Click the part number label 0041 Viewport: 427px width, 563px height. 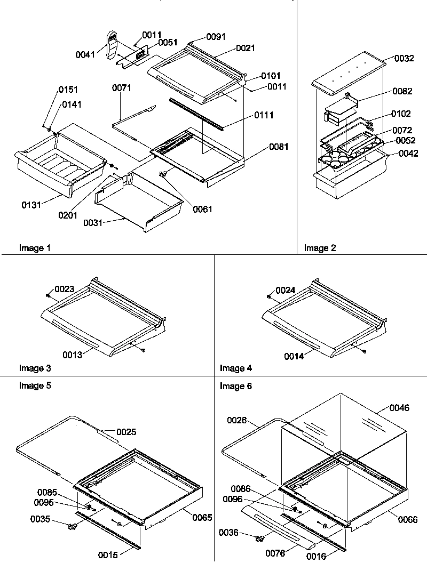pos(85,54)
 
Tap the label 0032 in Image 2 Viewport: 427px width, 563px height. pos(404,59)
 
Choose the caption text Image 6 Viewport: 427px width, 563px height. pos(236,386)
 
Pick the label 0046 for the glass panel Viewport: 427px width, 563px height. pos(400,408)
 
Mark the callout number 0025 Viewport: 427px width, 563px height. pos(126,432)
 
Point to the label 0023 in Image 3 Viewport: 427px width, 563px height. pos(64,289)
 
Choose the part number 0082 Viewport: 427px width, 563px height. pos(402,91)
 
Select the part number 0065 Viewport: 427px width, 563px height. pos(202,517)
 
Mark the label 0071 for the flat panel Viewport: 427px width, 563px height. pos(122,87)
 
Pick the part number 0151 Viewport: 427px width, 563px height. pos(68,89)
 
